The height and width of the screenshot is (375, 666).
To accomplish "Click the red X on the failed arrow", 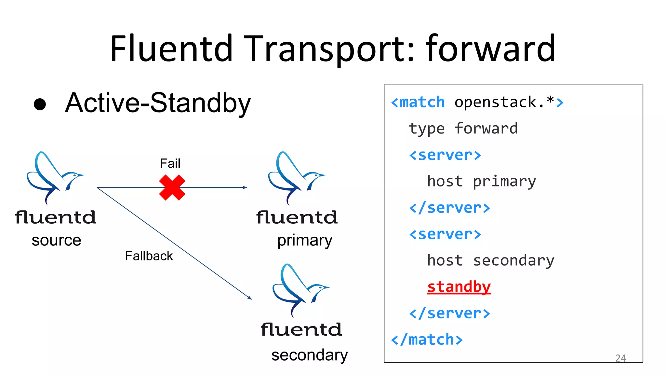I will point(172,187).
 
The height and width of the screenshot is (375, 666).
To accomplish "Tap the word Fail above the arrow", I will point(170,163).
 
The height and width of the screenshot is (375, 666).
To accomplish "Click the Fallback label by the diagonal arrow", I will point(149,256).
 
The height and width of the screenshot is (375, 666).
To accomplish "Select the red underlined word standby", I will point(459,287).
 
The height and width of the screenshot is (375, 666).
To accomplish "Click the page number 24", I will point(620,358).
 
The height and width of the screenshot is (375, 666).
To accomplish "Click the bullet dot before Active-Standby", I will point(40,104).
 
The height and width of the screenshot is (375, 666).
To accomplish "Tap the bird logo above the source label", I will point(54,177).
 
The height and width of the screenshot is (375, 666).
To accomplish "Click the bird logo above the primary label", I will point(296,177).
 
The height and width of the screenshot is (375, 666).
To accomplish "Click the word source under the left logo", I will point(56,241).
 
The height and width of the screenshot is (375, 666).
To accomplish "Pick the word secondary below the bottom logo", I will point(309,355).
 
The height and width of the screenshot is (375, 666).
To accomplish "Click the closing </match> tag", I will point(427,340).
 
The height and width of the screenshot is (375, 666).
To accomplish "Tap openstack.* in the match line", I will point(504,102).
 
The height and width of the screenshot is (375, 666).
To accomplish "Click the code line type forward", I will point(463,129).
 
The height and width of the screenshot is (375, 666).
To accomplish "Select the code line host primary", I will point(481,181).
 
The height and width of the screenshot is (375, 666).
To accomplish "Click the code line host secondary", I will point(490,260).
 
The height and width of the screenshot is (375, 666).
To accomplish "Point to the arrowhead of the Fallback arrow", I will point(250,298).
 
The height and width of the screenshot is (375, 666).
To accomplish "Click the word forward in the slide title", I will point(490,49).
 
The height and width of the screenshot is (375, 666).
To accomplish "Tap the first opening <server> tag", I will point(445,155).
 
